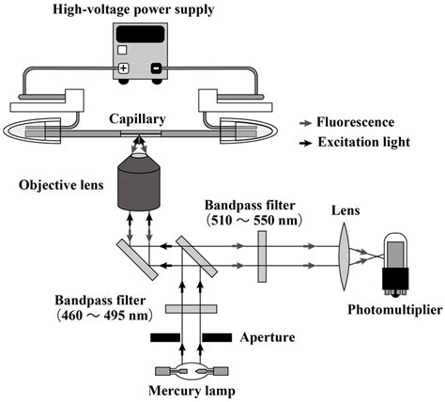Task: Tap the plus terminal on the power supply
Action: click(123, 69)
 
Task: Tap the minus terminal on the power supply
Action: click(154, 69)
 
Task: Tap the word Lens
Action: click(349, 213)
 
